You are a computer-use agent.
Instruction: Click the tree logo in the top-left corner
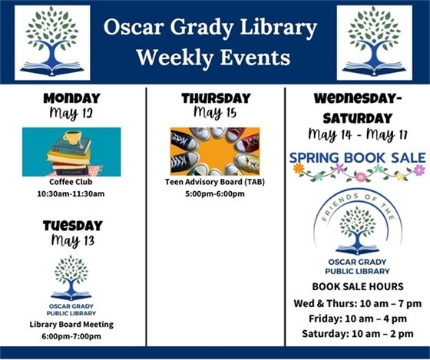click(x=52, y=43)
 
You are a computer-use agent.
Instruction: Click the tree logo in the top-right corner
click(x=374, y=43)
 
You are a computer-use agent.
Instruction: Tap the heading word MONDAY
click(x=71, y=98)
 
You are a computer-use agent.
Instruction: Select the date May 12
click(x=71, y=114)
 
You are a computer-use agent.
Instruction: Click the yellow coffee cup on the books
click(x=74, y=138)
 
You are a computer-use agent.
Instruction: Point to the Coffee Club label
click(x=71, y=183)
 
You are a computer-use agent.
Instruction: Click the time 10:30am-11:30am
click(x=71, y=194)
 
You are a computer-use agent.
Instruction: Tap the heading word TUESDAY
click(x=72, y=225)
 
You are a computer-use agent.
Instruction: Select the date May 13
click(x=71, y=241)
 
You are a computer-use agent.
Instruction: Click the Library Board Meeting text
click(x=71, y=324)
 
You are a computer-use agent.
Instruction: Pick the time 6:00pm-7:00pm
click(x=71, y=336)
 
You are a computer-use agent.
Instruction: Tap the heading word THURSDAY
click(x=216, y=98)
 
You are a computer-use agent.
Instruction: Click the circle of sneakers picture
click(x=215, y=150)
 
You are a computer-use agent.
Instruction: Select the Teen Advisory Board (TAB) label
click(x=215, y=183)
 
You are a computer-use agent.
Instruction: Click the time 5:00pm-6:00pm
click(x=215, y=194)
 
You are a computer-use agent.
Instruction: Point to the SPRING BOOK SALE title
click(x=357, y=157)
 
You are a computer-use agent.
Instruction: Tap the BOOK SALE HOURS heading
click(x=357, y=286)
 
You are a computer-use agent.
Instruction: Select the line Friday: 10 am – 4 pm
click(x=357, y=318)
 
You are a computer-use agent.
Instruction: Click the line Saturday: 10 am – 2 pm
click(x=357, y=333)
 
